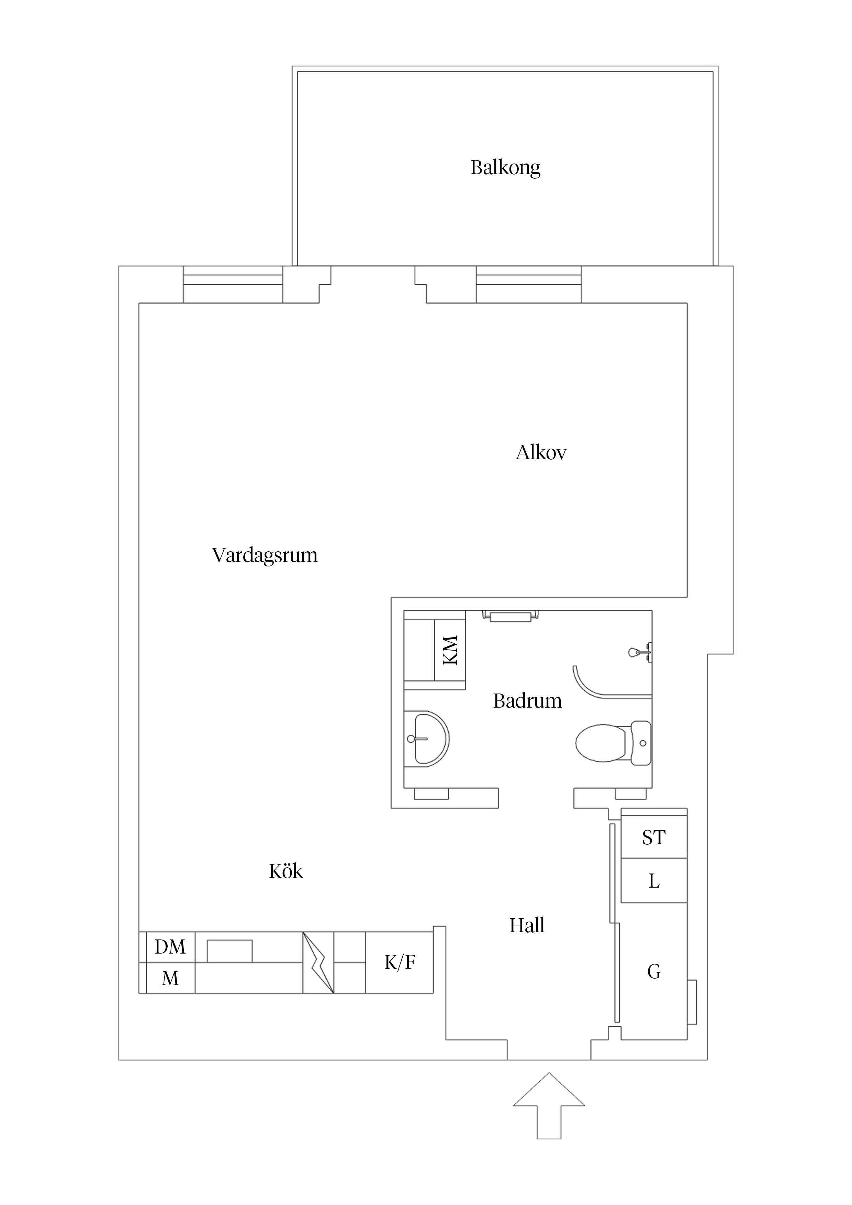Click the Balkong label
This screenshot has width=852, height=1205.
tap(505, 167)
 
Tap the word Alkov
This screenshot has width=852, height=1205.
tap(541, 452)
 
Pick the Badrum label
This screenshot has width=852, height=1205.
tap(527, 701)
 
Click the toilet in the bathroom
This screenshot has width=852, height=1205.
tap(612, 743)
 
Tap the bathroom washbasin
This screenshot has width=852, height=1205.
tap(427, 739)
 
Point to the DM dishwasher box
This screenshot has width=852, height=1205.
tap(170, 947)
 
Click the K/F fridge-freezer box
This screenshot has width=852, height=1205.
tap(400, 962)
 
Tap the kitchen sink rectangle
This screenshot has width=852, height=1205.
tap(229, 951)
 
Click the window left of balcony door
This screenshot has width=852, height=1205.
tap(233, 284)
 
